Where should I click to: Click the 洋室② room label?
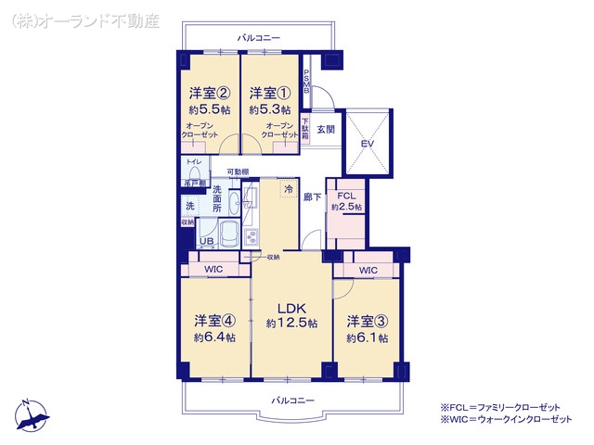(x=209, y=94)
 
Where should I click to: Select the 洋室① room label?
(x=270, y=94)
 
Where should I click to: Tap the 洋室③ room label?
(x=367, y=322)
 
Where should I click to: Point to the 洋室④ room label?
(x=213, y=321)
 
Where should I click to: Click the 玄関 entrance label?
(x=325, y=130)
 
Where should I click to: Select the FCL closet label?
(x=346, y=196)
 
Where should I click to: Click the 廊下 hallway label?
(x=311, y=197)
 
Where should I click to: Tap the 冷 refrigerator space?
(x=288, y=187)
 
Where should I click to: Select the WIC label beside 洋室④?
(x=213, y=269)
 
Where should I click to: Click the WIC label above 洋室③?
(x=368, y=270)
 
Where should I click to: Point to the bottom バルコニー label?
(x=292, y=400)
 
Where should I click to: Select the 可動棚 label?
(x=239, y=172)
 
